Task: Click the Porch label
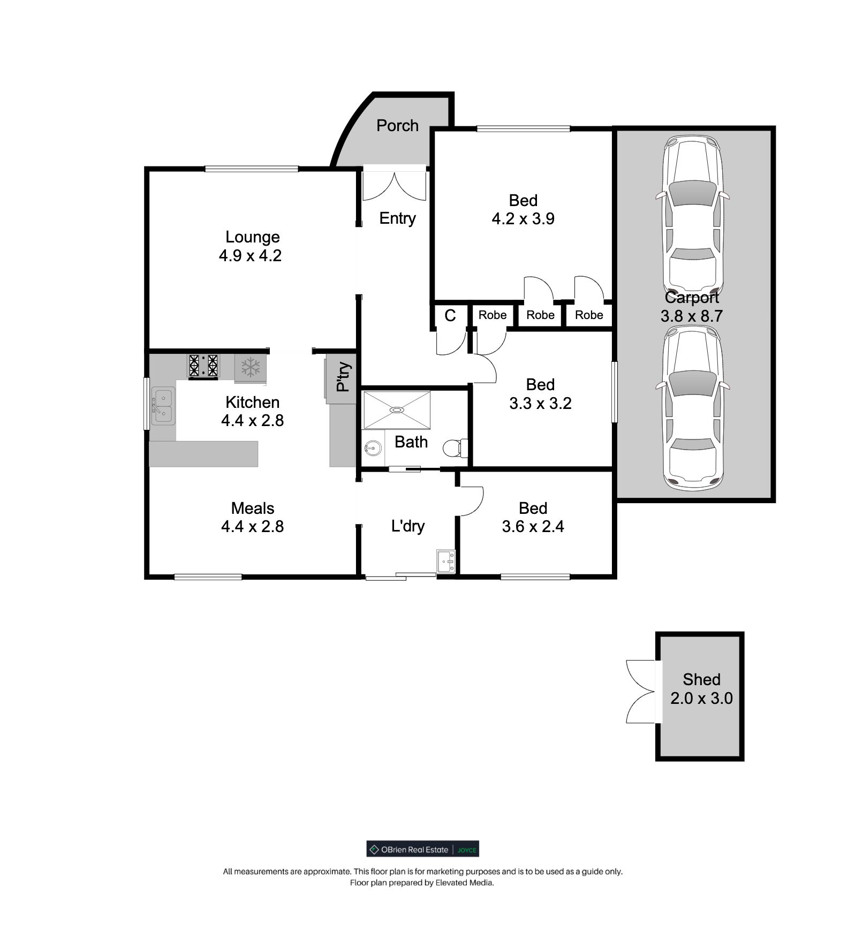(x=397, y=125)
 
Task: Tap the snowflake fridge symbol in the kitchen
(x=250, y=368)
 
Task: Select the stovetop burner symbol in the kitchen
(x=203, y=366)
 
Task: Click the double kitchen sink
(x=163, y=406)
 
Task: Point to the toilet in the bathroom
(x=456, y=447)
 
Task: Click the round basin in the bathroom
(x=372, y=447)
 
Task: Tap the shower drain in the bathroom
(x=397, y=410)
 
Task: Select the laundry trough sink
(x=445, y=561)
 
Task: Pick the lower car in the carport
(x=692, y=408)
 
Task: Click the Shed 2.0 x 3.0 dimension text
(x=701, y=698)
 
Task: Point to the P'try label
(x=343, y=377)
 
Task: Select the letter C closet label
(x=450, y=316)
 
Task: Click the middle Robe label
(x=540, y=315)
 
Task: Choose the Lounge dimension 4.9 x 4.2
(x=250, y=255)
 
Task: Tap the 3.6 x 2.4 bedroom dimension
(x=533, y=527)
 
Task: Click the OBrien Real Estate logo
(x=422, y=849)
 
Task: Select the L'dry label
(x=408, y=526)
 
